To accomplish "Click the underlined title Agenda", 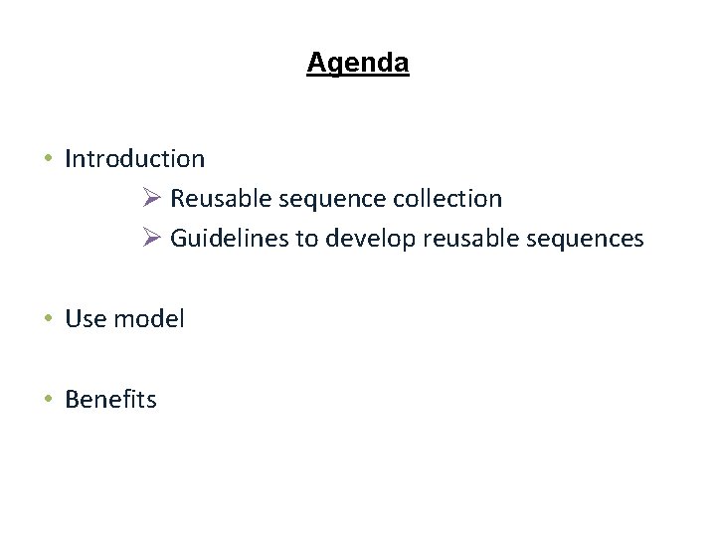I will (x=357, y=64).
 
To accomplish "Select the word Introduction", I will (x=134, y=158).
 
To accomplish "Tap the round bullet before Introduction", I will (x=48, y=159).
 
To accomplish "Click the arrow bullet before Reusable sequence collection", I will (x=151, y=198).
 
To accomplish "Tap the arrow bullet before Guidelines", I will (x=151, y=239).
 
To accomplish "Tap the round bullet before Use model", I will (x=48, y=319).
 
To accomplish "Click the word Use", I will (x=86, y=319).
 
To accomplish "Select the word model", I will (x=149, y=319).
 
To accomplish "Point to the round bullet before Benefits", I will (x=48, y=400).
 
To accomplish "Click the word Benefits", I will (x=110, y=400).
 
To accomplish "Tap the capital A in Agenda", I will (x=315, y=64).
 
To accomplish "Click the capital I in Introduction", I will (x=68, y=158).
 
